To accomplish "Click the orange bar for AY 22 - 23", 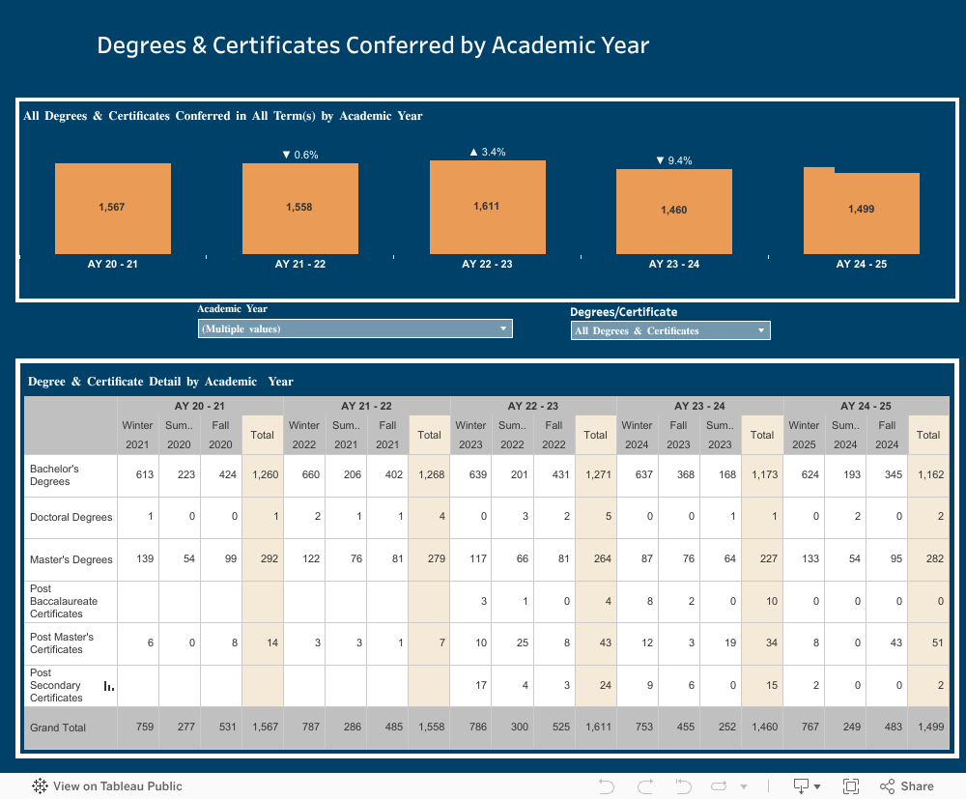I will pos(488,207).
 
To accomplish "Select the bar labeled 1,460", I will pos(674,211).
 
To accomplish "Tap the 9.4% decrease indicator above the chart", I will pos(674,160).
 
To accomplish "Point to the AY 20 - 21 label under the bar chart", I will pos(112,264).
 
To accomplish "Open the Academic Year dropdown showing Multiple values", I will pos(355,328).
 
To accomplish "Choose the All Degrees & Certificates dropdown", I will pos(670,330).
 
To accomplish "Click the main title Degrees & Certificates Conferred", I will pos(373,45).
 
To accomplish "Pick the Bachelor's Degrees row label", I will pos(54,474).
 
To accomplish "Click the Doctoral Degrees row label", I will pos(71,517).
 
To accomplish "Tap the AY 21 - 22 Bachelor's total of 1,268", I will pos(429,474).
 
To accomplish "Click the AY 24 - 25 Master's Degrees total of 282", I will pos(928,559).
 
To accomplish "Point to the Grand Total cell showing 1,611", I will pos(596,727).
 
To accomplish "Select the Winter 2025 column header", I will pos(804,435).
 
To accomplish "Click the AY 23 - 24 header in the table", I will pos(699,406).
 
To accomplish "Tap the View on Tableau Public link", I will pos(107,786).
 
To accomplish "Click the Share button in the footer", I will pos(907,786).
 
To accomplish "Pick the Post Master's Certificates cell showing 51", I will pos(928,643).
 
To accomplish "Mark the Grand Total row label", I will pos(58,727).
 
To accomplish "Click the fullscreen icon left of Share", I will pos(851,786).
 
